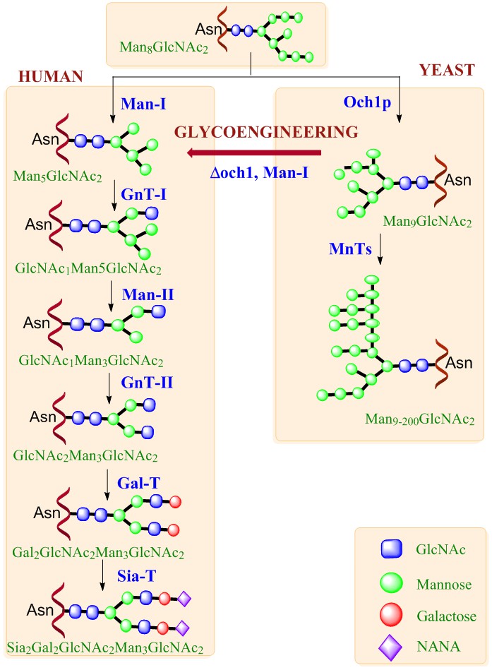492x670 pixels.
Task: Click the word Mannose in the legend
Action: click(x=444, y=584)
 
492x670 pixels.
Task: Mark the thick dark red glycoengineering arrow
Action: click(x=254, y=152)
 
